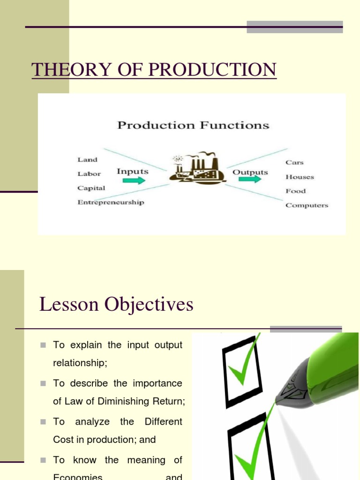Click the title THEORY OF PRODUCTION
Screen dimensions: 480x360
[x=154, y=70]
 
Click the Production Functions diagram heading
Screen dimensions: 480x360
[x=193, y=125]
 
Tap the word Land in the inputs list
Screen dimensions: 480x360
[x=87, y=159]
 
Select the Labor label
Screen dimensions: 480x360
[x=89, y=174]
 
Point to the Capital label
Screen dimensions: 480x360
[x=91, y=188]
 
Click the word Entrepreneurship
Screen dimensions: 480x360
[x=111, y=202]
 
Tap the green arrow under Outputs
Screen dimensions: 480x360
[x=250, y=180]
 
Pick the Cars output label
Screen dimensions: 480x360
[x=294, y=163]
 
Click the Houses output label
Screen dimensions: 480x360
[x=300, y=177]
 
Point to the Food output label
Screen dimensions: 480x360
[x=295, y=191]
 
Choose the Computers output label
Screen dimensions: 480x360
[x=307, y=205]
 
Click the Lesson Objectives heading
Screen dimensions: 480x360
[x=116, y=305]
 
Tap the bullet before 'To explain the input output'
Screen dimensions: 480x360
[x=43, y=345]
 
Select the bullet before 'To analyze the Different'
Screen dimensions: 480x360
[x=43, y=422]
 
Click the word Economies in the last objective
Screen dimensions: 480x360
[x=78, y=476]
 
